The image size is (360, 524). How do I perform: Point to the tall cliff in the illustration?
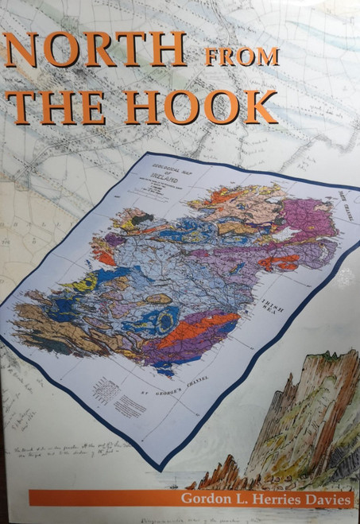[310, 413]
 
